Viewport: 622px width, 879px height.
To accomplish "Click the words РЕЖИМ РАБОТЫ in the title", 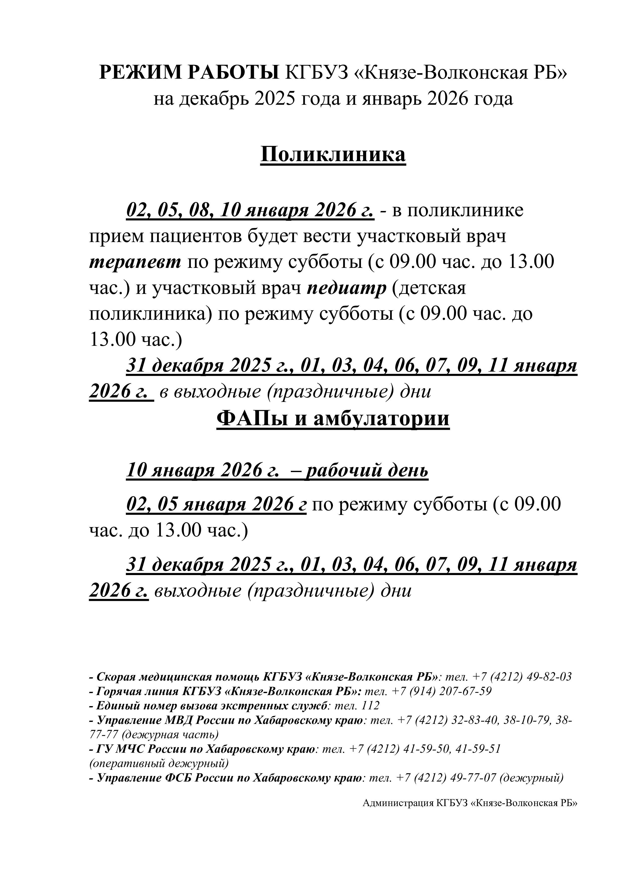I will pyautogui.click(x=189, y=72).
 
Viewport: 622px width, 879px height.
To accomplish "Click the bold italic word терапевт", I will pyautogui.click(x=135, y=262).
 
